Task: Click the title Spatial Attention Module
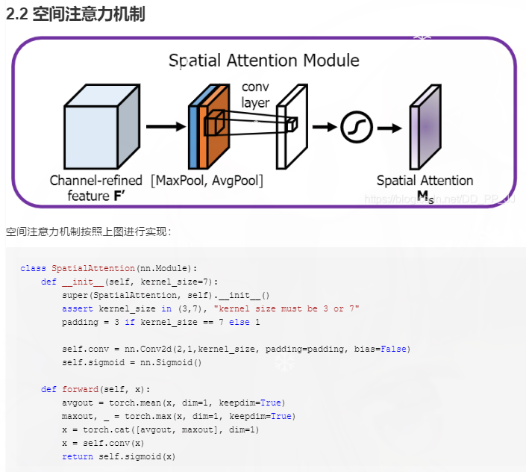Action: click(x=263, y=60)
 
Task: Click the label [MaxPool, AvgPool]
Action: click(x=207, y=180)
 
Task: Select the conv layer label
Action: click(x=256, y=95)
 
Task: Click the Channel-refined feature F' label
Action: click(x=96, y=187)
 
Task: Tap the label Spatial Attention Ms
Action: click(x=425, y=187)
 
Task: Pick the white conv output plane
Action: click(x=292, y=127)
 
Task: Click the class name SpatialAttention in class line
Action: click(x=93, y=268)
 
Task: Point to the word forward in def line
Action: click(x=79, y=389)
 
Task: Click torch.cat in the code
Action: click(x=101, y=429)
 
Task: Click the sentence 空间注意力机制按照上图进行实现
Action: click(x=88, y=232)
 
